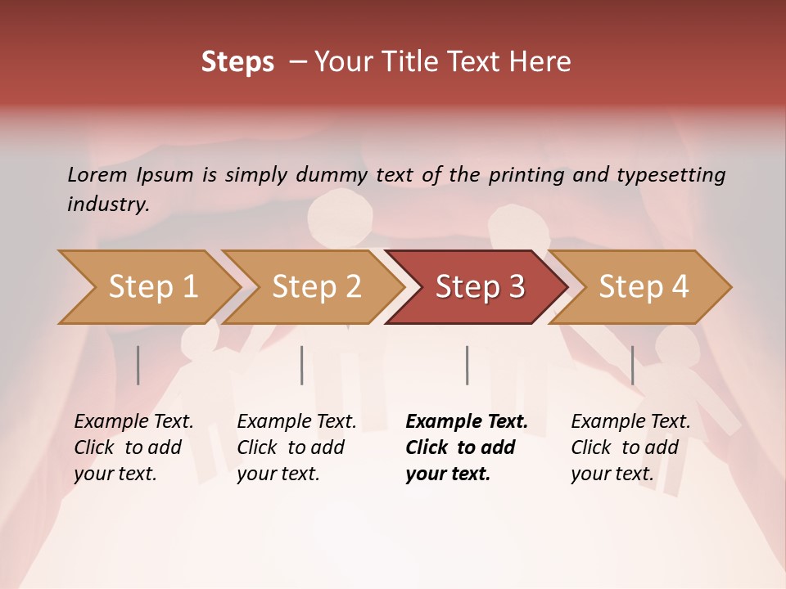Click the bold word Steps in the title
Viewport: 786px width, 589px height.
237,61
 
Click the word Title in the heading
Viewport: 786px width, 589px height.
427,61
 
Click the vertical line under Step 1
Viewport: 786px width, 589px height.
138,365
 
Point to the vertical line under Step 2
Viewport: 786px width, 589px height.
302,365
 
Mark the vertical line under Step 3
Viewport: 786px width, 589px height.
468,365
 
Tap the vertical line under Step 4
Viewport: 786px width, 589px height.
632,365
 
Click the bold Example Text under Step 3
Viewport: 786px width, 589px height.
467,422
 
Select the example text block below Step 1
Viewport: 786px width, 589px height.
133,447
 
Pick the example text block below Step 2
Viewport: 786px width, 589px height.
296,447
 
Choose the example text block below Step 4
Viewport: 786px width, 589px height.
630,447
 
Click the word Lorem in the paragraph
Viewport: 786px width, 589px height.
97,174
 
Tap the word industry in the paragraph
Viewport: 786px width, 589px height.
107,204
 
